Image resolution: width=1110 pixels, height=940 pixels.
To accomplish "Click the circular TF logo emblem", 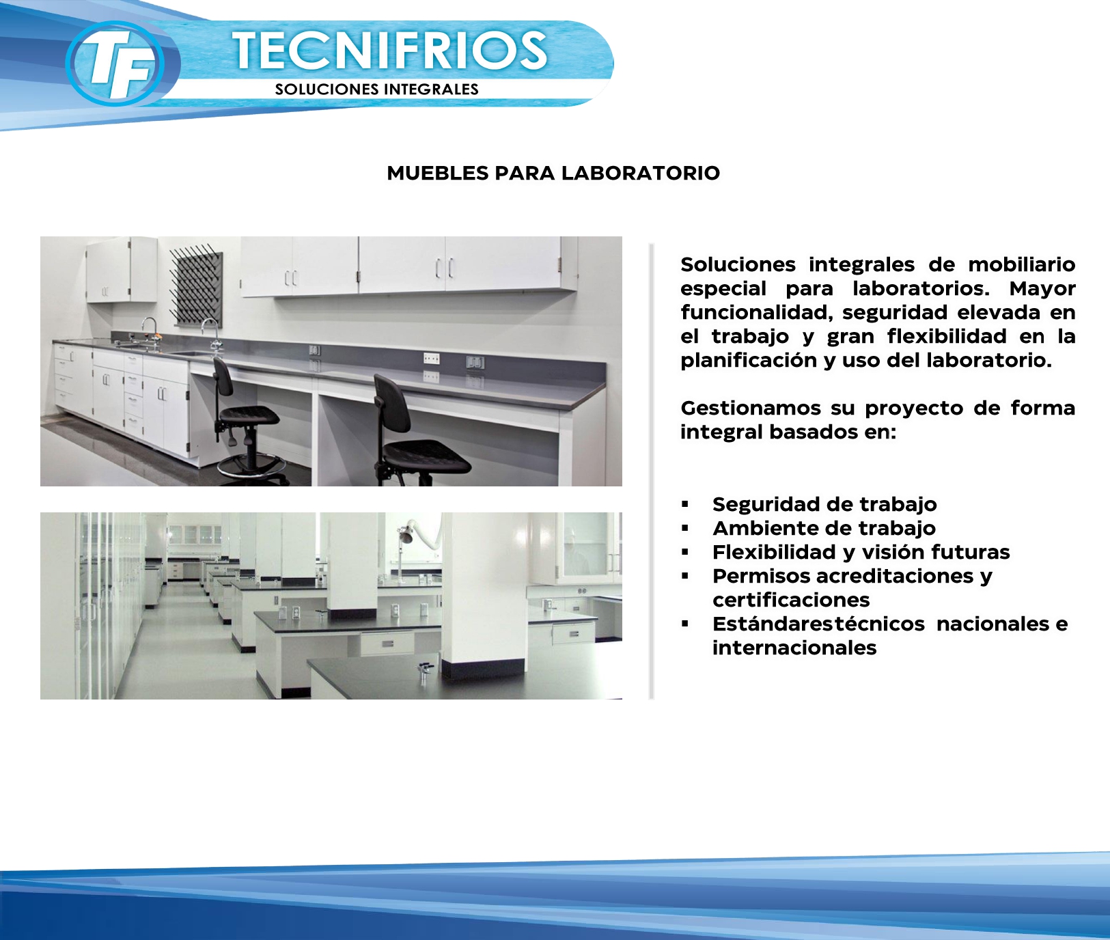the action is [115, 64].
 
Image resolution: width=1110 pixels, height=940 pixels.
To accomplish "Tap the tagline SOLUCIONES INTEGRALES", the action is [376, 89].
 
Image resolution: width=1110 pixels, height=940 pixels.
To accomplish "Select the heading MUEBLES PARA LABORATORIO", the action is [553, 173].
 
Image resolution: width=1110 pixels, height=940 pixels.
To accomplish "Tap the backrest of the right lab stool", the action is [392, 401].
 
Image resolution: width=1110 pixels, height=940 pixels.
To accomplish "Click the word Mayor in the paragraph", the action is [1042, 289].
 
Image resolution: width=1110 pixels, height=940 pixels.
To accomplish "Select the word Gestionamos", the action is [751, 408].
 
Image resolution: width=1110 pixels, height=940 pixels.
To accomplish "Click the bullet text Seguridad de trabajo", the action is [824, 504].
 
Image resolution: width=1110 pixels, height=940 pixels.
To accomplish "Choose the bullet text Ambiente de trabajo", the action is [824, 528].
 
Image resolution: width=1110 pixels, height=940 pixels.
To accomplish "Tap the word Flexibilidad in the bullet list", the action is [774, 552].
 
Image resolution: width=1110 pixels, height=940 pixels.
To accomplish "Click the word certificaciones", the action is [791, 600].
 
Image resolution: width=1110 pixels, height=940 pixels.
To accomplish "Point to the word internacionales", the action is [794, 648].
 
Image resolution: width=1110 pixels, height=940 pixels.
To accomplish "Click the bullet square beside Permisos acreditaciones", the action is [685, 576].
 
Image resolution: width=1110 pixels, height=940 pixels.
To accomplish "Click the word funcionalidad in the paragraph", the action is [757, 313].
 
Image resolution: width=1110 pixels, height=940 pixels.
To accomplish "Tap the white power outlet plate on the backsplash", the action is [431, 358].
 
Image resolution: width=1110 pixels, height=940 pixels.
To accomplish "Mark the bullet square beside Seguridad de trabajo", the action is [685, 504].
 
